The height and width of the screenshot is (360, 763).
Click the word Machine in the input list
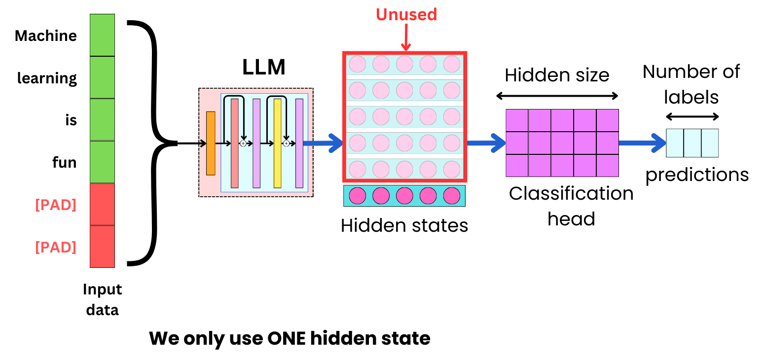tap(46, 36)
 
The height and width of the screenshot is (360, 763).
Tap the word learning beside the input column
tap(47, 78)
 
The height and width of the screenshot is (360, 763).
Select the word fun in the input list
tap(65, 162)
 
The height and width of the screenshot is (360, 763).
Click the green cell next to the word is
tap(102, 120)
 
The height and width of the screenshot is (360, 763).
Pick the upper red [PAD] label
tap(56, 205)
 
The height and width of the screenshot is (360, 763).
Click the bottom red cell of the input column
tap(102, 247)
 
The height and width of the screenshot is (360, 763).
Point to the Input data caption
tap(103, 299)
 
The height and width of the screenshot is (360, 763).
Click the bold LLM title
tap(264, 68)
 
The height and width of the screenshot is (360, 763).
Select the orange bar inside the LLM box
tap(211, 144)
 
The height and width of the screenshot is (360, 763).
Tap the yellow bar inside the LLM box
tap(277, 144)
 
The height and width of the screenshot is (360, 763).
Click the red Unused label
tap(406, 15)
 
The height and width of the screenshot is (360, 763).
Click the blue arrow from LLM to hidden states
tap(323, 144)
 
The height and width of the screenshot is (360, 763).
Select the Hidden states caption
tap(404, 225)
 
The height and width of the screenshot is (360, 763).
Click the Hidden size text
tap(557, 75)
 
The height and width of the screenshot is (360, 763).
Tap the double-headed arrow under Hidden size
tap(557, 96)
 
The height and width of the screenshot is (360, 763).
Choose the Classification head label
tap(571, 206)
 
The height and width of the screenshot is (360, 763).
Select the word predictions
tap(697, 175)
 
